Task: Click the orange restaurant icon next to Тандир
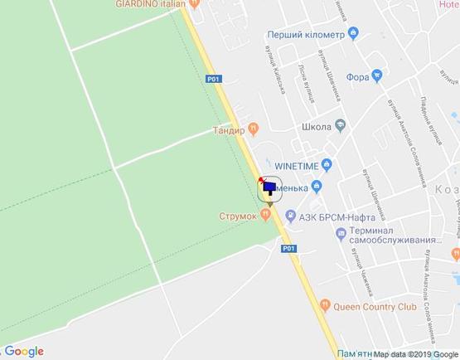pyautogui.click(x=254, y=128)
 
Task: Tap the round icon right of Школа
pyautogui.click(x=340, y=126)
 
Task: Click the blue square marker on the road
pyautogui.click(x=269, y=188)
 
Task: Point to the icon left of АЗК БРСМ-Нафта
pyautogui.click(x=291, y=216)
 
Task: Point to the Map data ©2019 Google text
pyautogui.click(x=415, y=354)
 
